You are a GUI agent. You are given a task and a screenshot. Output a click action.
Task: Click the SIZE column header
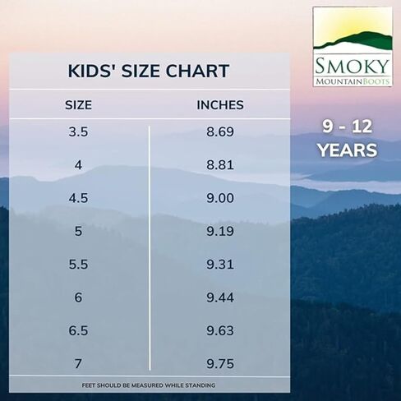point(78,105)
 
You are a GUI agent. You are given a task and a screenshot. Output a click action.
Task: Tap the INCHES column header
point(220,105)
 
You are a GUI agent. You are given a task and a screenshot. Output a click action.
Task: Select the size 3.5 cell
point(78,131)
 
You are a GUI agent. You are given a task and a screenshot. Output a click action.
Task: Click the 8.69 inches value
point(220,131)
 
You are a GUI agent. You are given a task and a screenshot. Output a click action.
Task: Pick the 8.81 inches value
point(220,165)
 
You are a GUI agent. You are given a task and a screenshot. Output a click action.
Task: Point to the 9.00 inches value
point(220,198)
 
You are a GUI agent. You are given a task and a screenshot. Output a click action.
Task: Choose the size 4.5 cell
point(78,198)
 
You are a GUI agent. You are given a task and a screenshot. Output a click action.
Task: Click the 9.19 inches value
point(220,231)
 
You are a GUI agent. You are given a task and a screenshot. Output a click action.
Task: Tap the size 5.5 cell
point(78,265)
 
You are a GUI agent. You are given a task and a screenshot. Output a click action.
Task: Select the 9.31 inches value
point(220,265)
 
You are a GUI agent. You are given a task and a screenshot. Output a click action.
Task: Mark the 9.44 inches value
point(220,297)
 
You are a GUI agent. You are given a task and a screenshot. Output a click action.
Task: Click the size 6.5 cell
point(78,330)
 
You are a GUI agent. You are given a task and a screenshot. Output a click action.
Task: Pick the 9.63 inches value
point(220,330)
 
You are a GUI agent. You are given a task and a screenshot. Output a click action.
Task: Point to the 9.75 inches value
point(220,364)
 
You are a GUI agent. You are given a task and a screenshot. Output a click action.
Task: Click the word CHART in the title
point(197,71)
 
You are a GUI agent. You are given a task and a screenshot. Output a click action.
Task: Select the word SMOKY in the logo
point(353,66)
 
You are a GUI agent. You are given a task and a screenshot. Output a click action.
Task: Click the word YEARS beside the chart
point(348,150)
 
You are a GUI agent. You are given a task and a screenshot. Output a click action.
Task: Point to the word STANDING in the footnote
point(200,385)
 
